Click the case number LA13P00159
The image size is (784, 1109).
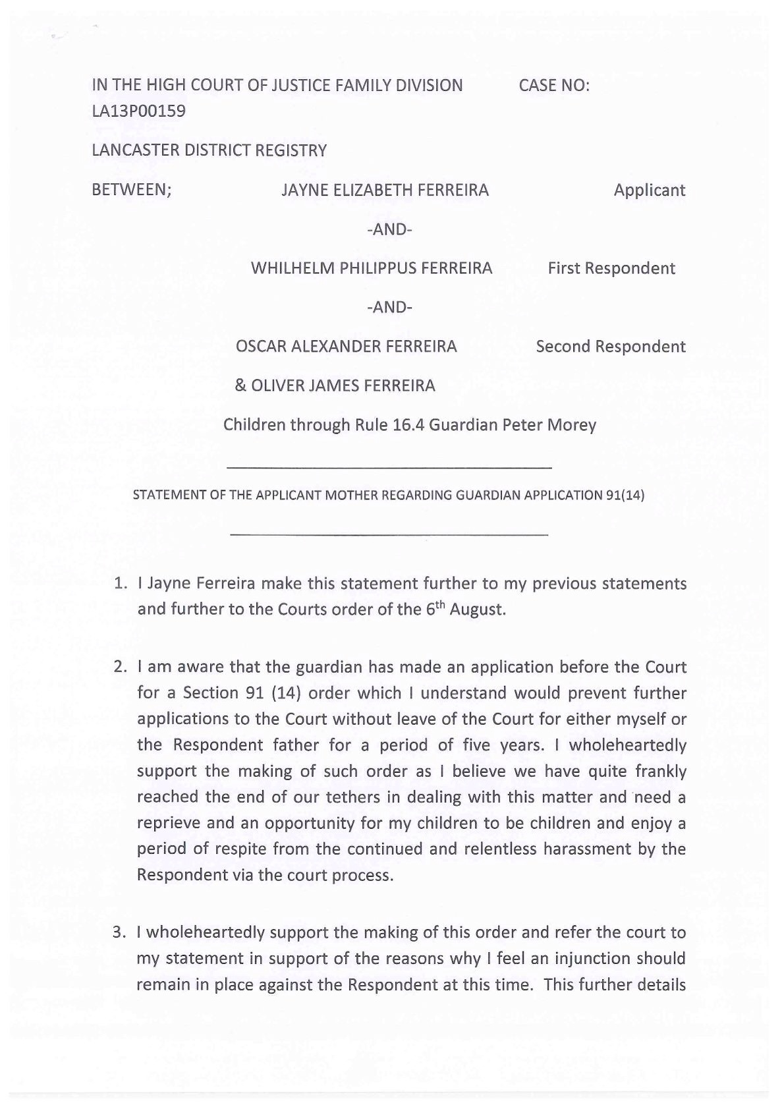pos(138,111)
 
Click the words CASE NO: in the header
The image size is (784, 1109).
pos(554,85)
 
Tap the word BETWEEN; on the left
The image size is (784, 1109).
pos(132,190)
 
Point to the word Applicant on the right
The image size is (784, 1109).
pos(650,190)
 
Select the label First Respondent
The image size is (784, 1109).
pos(611,268)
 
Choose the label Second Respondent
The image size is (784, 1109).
pos(611,347)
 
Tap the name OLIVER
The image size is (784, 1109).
pos(276,385)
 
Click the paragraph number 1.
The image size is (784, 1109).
pos(119,584)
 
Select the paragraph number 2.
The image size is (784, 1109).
pos(119,667)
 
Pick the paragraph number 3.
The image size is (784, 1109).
pos(119,932)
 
